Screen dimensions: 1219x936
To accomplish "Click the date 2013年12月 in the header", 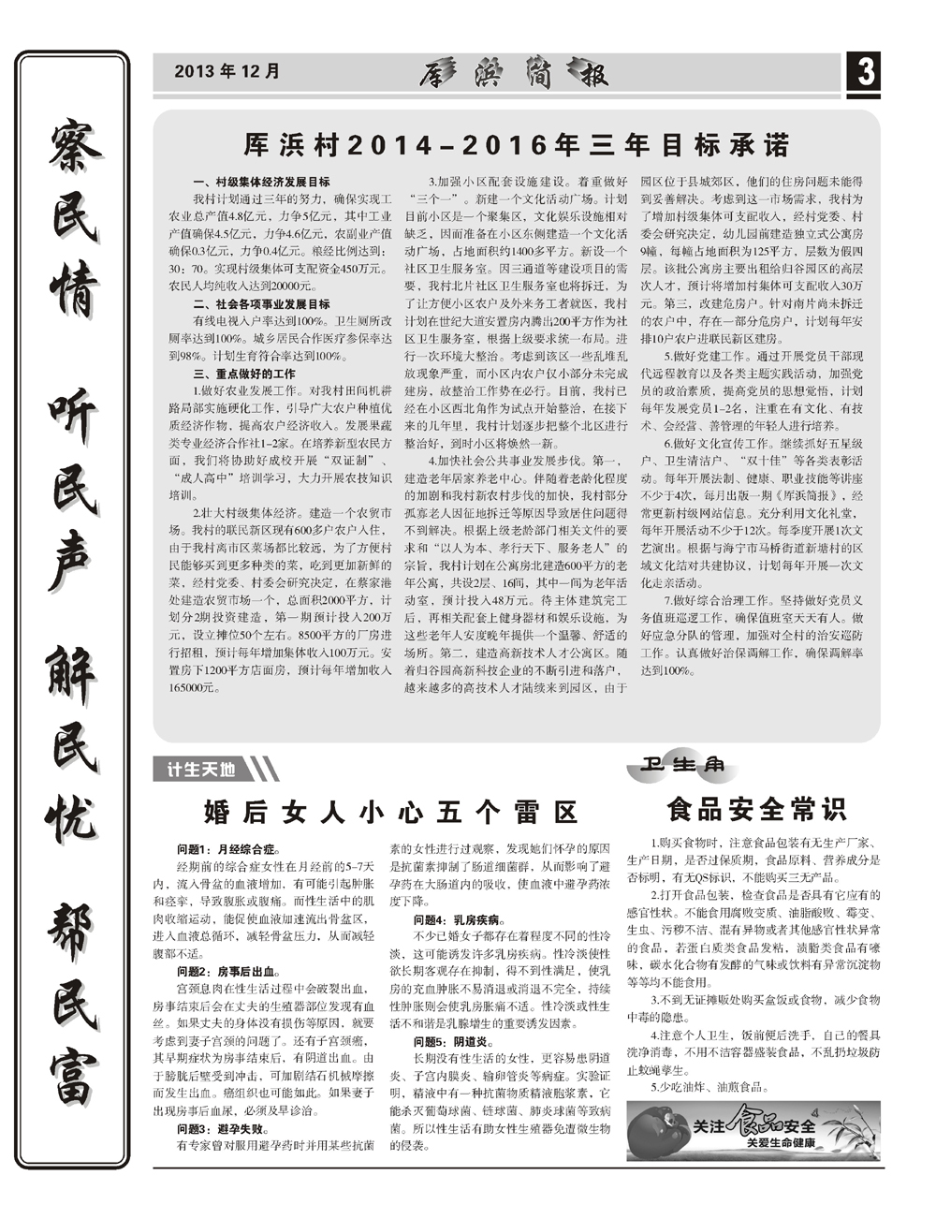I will coord(227,71).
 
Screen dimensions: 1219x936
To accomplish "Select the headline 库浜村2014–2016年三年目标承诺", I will coord(516,145).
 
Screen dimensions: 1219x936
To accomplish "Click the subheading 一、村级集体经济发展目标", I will coord(261,182).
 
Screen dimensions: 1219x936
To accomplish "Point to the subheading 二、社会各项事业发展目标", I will coord(261,304).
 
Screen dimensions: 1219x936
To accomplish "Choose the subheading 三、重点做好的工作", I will coord(243,374).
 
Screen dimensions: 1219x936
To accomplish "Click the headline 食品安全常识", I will coord(755,807).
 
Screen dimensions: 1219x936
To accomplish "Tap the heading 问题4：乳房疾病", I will coord(461,920).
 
